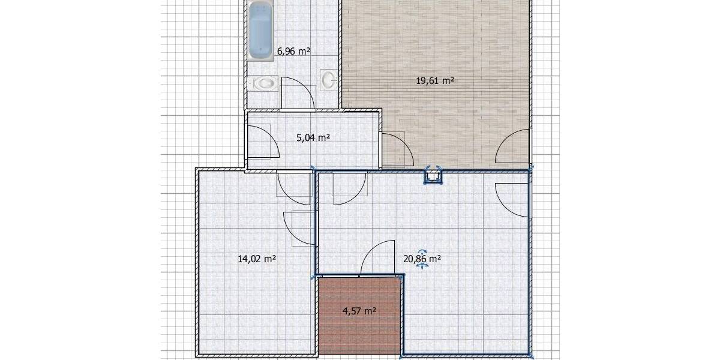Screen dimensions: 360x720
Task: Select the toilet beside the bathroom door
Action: click(x=265, y=83)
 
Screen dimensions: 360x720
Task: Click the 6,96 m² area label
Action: click(x=293, y=52)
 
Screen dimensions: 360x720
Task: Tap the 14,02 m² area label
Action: click(x=257, y=259)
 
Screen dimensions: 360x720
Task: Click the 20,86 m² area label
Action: click(x=422, y=259)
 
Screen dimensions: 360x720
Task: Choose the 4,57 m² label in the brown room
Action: click(x=359, y=311)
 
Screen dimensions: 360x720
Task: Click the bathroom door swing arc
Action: click(x=298, y=94)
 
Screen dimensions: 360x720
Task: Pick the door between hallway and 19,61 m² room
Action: click(x=396, y=149)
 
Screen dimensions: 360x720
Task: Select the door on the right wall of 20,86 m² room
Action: click(x=513, y=198)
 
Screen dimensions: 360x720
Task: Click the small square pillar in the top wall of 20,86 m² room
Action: click(x=433, y=176)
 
